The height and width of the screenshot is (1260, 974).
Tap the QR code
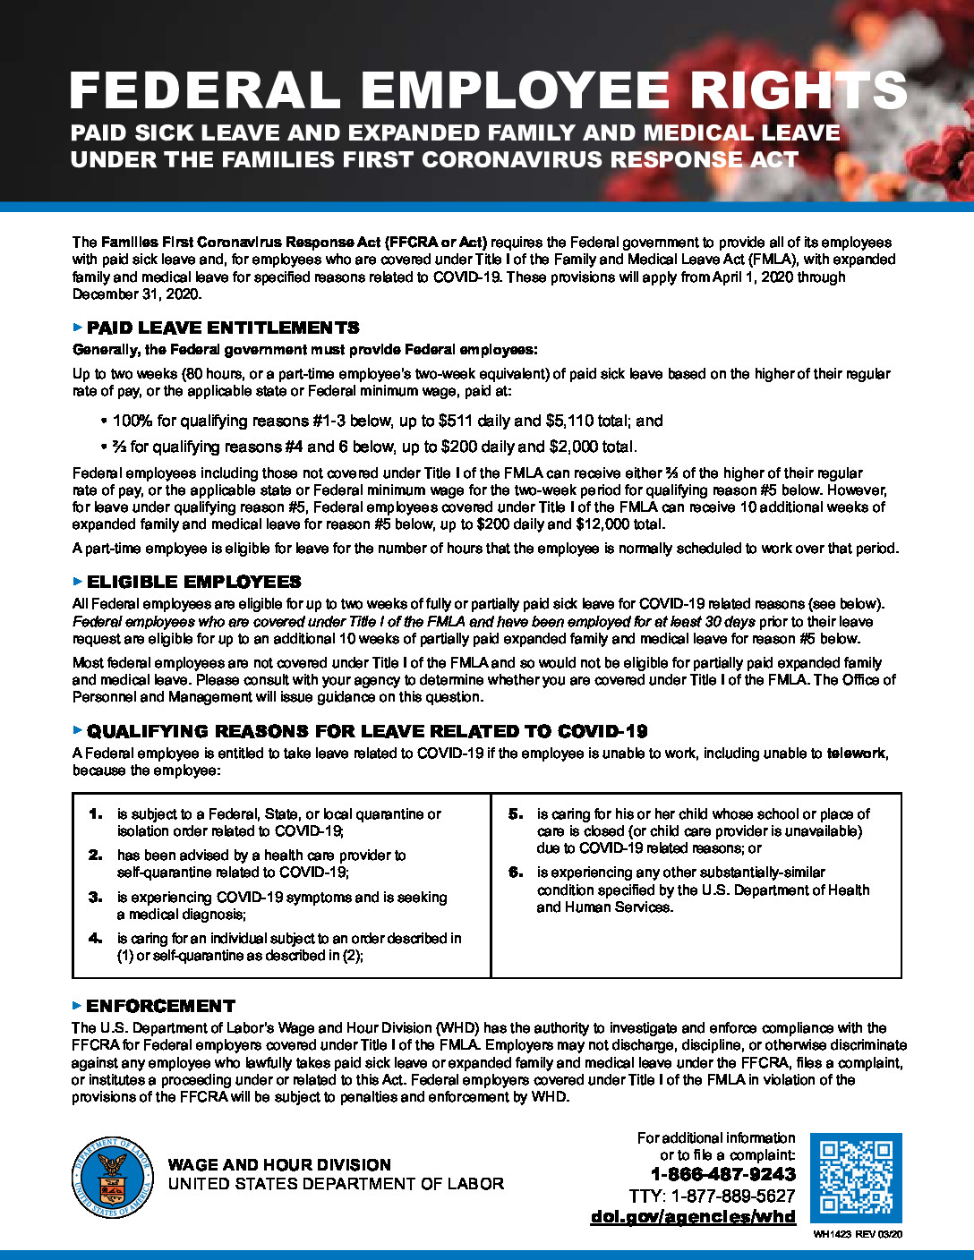coord(855,1177)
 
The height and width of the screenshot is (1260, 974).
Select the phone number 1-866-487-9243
coord(722,1174)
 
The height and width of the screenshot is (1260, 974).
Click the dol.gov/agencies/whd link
coord(693,1216)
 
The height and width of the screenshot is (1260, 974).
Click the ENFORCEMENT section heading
coord(161,1006)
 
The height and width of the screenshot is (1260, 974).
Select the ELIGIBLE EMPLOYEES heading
coord(194,582)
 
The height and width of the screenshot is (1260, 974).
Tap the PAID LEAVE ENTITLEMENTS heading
coord(223,328)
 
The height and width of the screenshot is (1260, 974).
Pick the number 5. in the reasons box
coord(516,814)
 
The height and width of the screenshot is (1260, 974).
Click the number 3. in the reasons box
coord(96,897)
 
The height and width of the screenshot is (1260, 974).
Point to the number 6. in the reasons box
coord(516,872)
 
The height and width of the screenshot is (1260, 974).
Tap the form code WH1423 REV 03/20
coord(858,1235)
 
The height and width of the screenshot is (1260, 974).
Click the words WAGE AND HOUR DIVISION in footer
coord(279,1164)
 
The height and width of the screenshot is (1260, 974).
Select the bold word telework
coord(856,753)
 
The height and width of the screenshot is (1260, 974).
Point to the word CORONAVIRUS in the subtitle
coord(506,160)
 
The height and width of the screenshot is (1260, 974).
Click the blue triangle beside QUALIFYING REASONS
coord(77,731)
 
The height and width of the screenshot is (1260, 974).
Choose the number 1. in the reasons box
coord(96,814)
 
